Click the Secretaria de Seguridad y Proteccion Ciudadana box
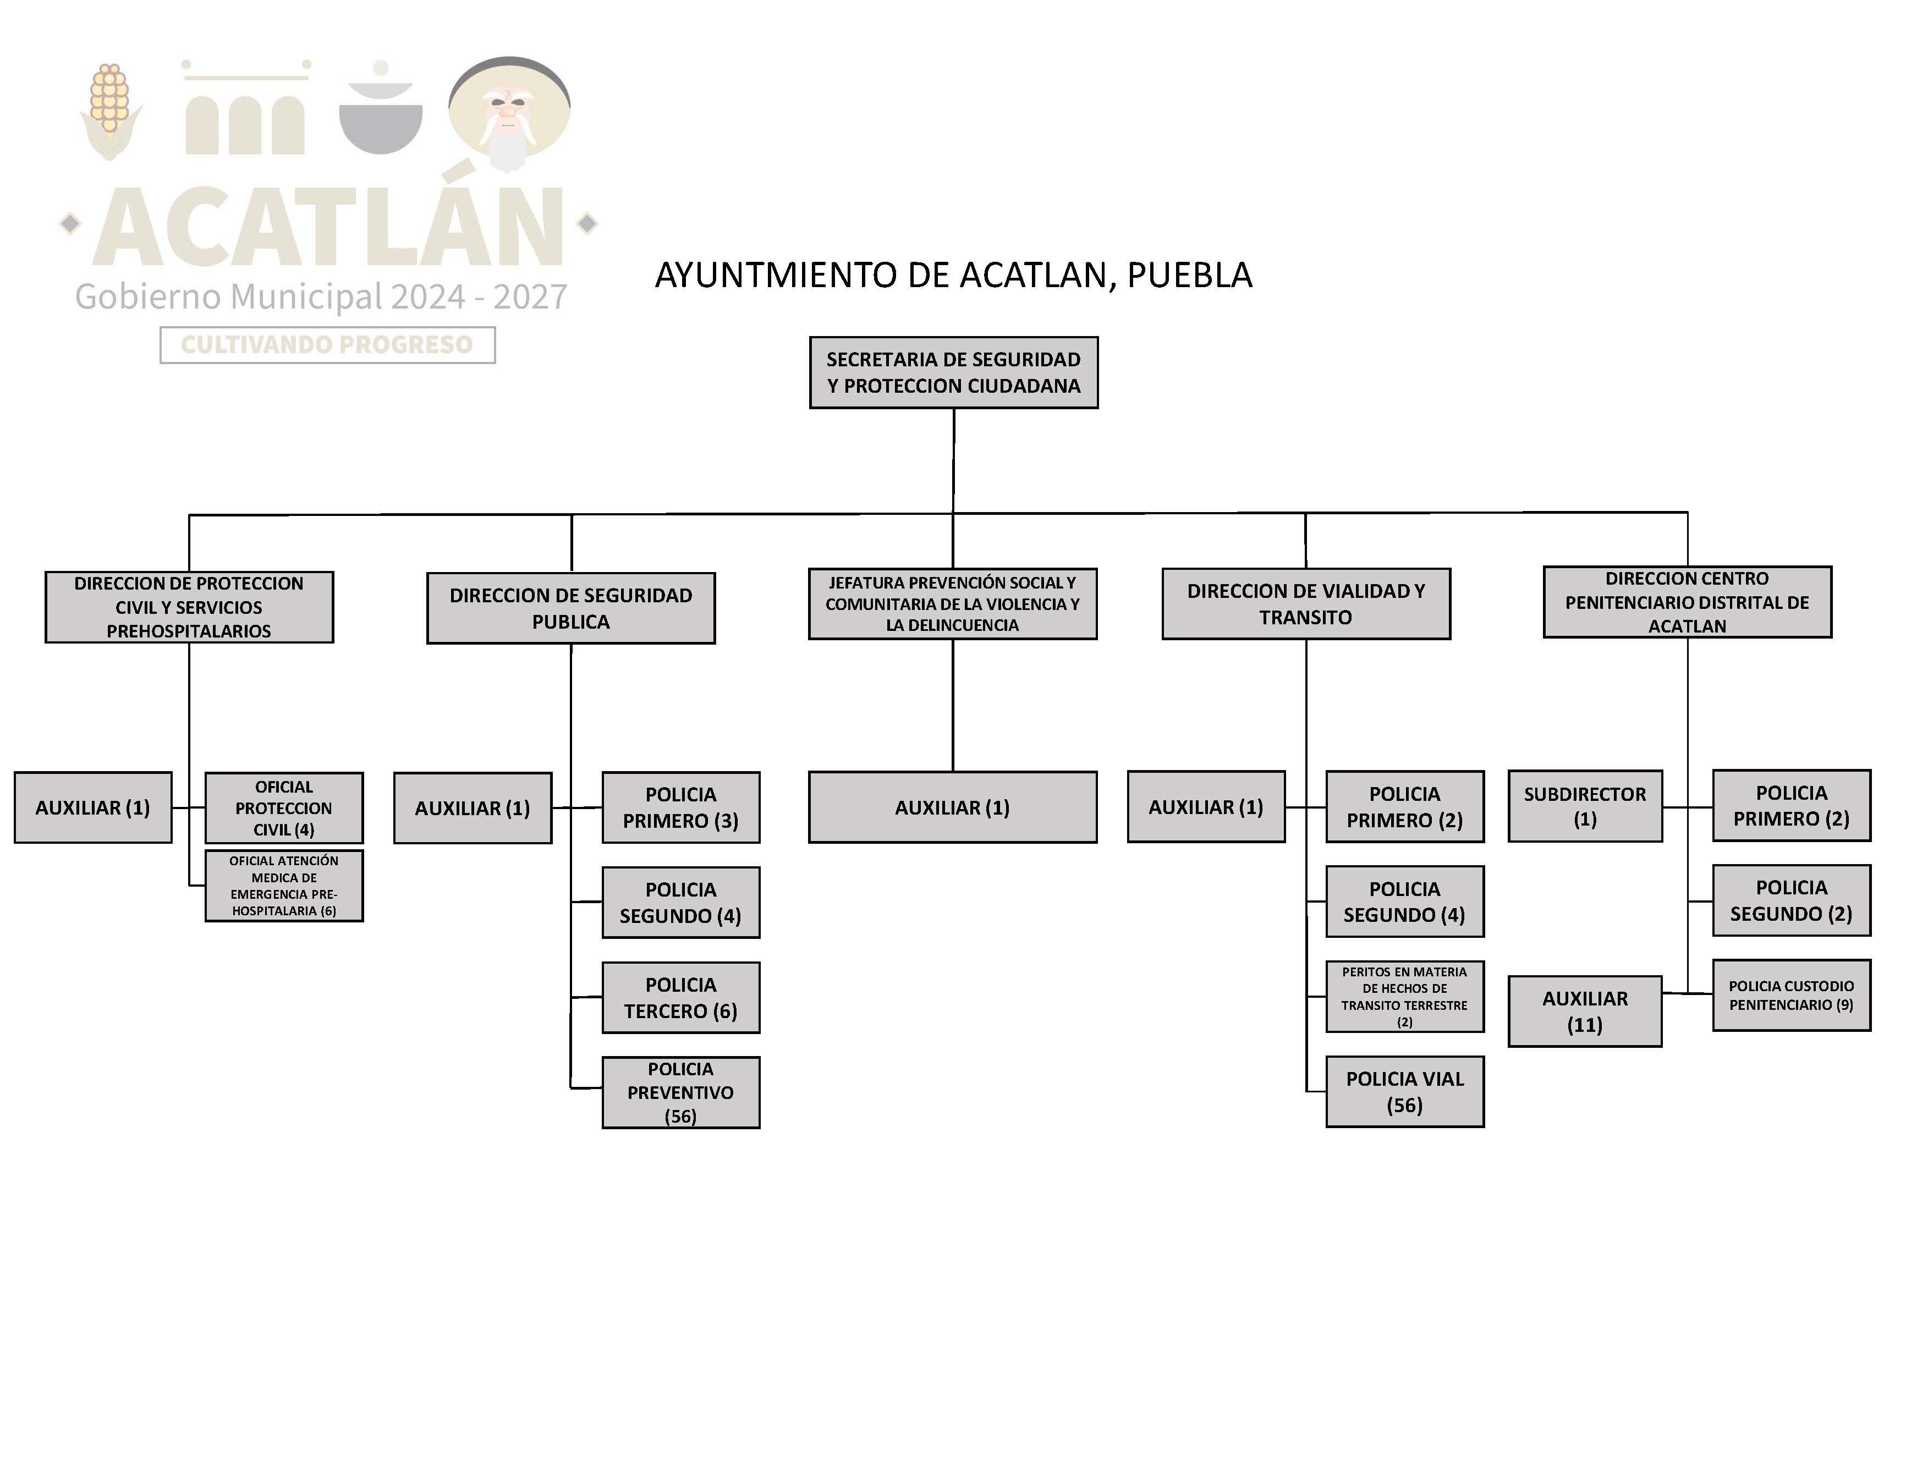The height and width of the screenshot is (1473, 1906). pyautogui.click(x=953, y=372)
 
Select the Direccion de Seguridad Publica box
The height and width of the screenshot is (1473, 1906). pyautogui.click(x=571, y=608)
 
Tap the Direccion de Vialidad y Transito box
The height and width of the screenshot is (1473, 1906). pyautogui.click(x=1305, y=604)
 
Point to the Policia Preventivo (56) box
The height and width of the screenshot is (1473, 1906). pyautogui.click(x=681, y=1092)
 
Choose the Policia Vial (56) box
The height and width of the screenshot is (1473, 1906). pyautogui.click(x=1404, y=1092)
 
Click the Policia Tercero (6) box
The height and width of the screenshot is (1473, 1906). pyautogui.click(x=681, y=997)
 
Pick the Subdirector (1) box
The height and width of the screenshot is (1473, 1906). pyautogui.click(x=1585, y=806)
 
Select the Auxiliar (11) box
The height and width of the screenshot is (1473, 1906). pyautogui.click(x=1585, y=1012)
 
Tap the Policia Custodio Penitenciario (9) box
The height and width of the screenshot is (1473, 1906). pyautogui.click(x=1791, y=996)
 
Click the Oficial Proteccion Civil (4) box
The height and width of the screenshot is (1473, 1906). pyautogui.click(x=284, y=808)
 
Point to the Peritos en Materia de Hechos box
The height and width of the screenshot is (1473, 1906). pyautogui.click(x=1404, y=997)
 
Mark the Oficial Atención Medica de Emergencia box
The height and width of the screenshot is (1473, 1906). pyautogui.click(x=284, y=886)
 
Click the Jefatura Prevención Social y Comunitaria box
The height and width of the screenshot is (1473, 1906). pyautogui.click(x=952, y=604)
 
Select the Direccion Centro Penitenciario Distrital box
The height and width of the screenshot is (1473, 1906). pyautogui.click(x=1687, y=602)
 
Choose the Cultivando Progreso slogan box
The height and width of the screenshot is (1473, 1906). pyautogui.click(x=327, y=345)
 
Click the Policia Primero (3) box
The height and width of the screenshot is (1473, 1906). pyautogui.click(x=681, y=807)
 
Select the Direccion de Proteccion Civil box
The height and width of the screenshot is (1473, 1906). pyautogui.click(x=189, y=607)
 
